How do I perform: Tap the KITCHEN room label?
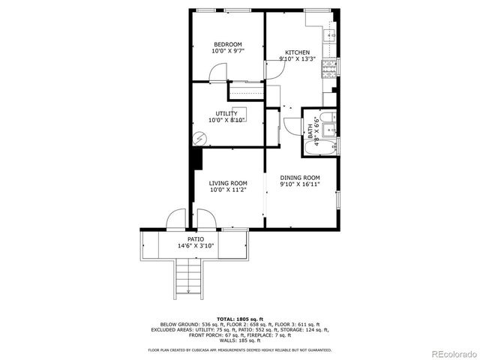pos(297,52)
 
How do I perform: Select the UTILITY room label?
pos(226,113)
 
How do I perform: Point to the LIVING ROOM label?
pos(228,183)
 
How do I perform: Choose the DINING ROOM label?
pos(300,178)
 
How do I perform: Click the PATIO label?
pos(195,238)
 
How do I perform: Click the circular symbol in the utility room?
pos(199,139)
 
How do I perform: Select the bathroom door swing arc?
pos(292,126)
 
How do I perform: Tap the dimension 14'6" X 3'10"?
pos(195,245)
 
